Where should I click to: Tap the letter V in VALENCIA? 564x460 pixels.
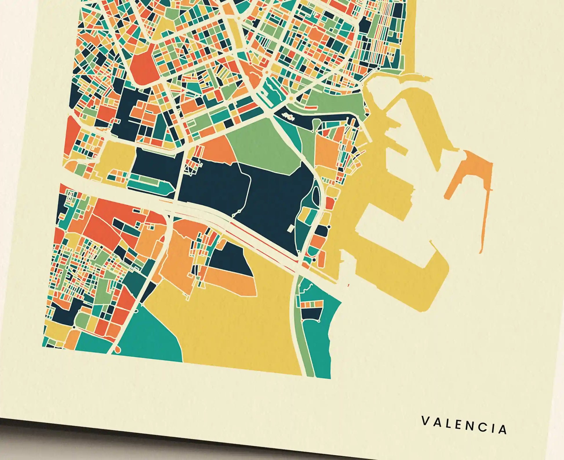pos(425,420)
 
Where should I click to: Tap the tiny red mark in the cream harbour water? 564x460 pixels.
pos(349,285)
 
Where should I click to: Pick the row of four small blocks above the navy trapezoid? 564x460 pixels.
pos(312,304)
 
